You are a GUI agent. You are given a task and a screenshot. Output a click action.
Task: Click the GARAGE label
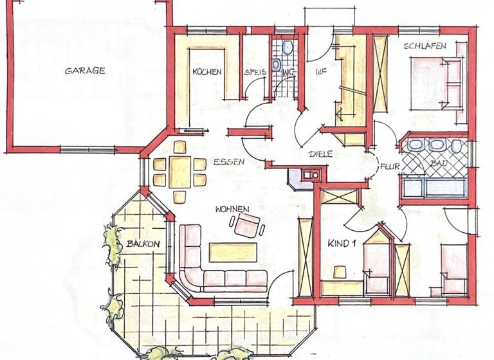pyautogui.click(x=85, y=71)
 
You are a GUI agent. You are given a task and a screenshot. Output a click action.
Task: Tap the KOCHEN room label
pyautogui.click(x=207, y=72)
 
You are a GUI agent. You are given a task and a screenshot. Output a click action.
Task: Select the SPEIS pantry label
pyautogui.click(x=254, y=73)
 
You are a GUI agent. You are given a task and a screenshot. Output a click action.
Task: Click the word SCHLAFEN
pyautogui.click(x=421, y=46)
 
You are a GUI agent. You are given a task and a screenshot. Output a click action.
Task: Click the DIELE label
pyautogui.click(x=320, y=154)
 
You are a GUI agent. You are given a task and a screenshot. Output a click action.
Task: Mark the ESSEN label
pyautogui.click(x=230, y=162)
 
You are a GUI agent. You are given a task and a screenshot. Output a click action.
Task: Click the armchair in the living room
pyautogui.click(x=248, y=225)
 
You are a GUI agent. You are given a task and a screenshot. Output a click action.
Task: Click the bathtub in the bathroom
pyautogui.click(x=434, y=187)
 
